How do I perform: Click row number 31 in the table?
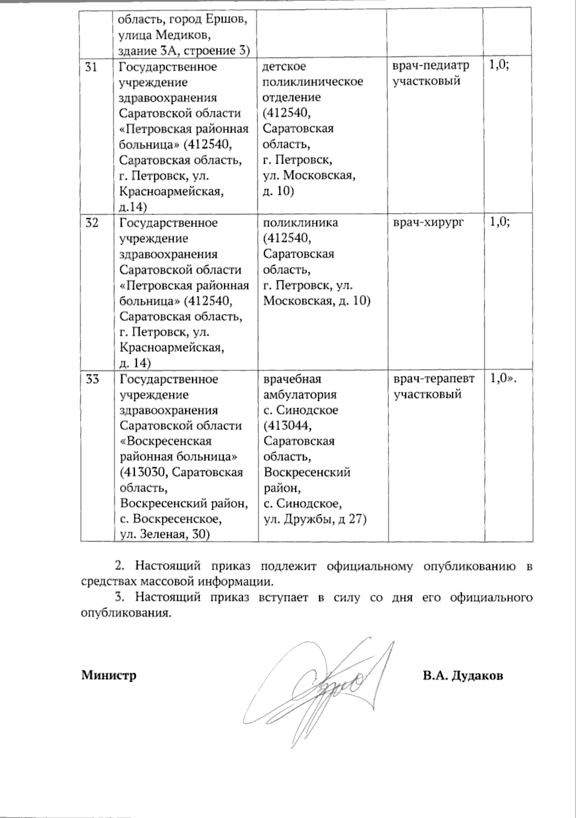[91, 67]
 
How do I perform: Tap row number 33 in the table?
[92, 379]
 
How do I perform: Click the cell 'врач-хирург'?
[429, 223]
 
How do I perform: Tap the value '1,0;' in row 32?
[499, 222]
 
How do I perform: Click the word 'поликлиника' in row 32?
[300, 223]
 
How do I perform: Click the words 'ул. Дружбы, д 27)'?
[315, 519]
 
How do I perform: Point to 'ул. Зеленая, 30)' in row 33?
[166, 535]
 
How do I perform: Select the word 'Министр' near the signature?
[109, 675]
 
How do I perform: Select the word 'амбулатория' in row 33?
[300, 395]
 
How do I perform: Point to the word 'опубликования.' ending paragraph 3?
[126, 613]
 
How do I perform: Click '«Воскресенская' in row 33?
[166, 441]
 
